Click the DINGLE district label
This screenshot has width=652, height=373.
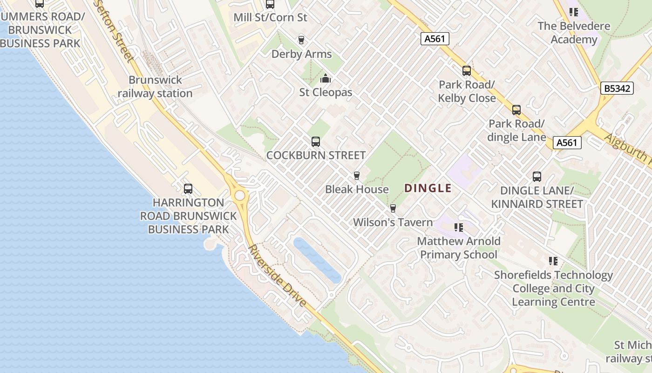tap(428, 188)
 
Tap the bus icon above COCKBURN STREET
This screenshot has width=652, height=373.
tap(316, 141)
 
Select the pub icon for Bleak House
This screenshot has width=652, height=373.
tap(357, 176)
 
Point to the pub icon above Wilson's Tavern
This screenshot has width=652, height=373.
tap(393, 208)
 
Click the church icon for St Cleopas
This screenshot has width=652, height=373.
tap(326, 78)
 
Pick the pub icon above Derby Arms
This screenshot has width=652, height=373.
tap(301, 40)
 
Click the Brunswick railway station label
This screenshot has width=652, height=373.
tap(155, 87)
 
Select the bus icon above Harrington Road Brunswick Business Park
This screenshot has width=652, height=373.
tap(188, 189)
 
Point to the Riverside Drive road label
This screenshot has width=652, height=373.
tap(278, 276)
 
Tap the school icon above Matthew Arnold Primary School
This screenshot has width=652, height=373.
tap(459, 228)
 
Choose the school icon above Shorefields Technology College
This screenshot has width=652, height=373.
tap(553, 261)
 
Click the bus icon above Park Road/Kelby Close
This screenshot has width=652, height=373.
tap(467, 71)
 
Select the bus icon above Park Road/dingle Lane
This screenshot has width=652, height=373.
tap(516, 110)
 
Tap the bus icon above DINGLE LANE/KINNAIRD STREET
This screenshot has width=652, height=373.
tap(537, 177)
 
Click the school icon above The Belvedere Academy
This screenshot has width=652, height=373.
tap(574, 12)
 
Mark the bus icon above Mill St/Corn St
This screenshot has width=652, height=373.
tap(270, 4)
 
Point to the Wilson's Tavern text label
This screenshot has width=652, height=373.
tap(393, 222)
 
